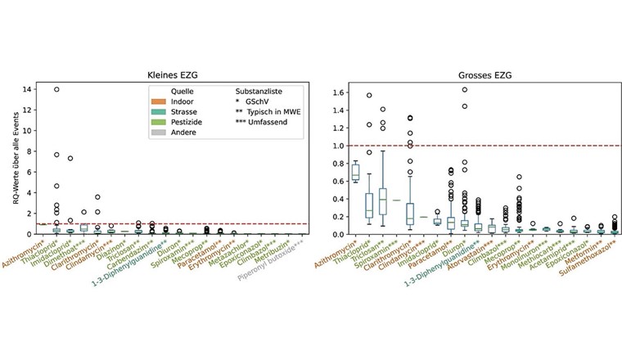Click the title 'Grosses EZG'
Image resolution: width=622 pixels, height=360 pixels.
479,74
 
